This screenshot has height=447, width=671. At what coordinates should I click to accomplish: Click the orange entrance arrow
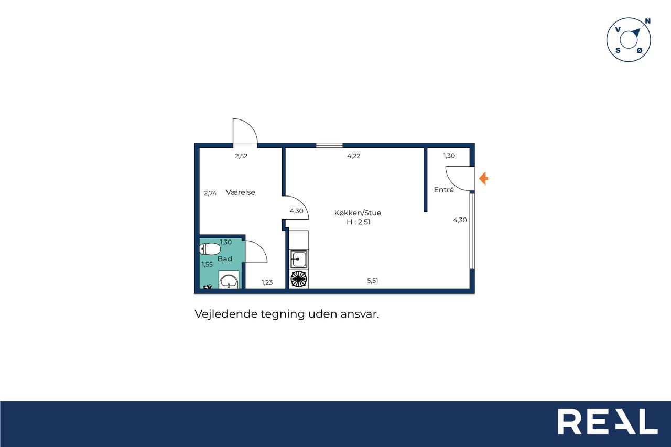(x=483, y=179)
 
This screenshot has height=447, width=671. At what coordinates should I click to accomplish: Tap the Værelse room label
(x=241, y=192)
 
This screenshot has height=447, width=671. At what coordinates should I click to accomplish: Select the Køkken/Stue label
(x=358, y=213)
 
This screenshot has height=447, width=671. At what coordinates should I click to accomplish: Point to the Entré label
(x=443, y=190)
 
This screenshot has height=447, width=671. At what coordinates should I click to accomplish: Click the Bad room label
(x=225, y=259)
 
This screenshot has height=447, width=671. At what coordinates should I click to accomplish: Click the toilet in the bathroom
(x=210, y=248)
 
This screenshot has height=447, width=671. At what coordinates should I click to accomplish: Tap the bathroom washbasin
(x=229, y=281)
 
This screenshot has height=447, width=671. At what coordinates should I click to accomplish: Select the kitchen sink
(x=299, y=259)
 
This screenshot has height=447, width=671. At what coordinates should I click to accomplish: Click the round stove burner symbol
(x=299, y=279)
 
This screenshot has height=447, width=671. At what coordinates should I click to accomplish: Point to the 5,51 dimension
(x=373, y=280)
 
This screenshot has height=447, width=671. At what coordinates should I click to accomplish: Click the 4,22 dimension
(x=354, y=156)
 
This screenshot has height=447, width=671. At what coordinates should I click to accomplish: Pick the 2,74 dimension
(x=210, y=193)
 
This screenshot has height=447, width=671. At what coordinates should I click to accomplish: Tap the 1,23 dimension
(x=267, y=282)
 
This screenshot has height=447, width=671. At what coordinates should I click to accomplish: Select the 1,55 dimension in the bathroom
(x=207, y=264)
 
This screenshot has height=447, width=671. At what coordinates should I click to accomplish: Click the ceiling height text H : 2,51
(x=359, y=222)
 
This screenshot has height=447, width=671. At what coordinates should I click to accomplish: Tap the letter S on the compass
(x=618, y=50)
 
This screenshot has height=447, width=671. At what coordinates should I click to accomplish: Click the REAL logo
(x=608, y=421)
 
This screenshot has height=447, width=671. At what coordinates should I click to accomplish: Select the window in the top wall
(x=329, y=145)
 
